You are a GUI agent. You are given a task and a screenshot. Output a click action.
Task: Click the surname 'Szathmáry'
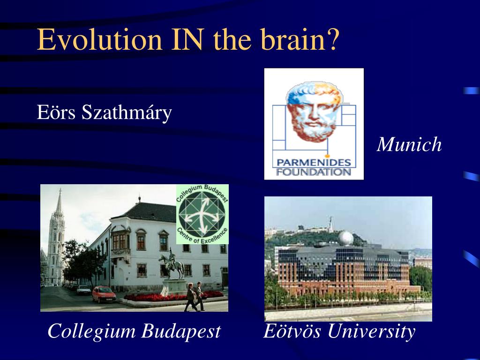[x=127, y=113]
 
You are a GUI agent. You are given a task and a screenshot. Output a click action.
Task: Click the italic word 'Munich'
[x=409, y=144]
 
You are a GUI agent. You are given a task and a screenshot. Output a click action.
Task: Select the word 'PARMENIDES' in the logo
[x=314, y=162]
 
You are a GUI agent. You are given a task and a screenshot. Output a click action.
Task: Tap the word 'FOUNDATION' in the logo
[x=314, y=172]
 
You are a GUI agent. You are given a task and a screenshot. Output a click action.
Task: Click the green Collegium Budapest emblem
[x=202, y=214]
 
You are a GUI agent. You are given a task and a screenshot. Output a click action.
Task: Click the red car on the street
[x=104, y=294]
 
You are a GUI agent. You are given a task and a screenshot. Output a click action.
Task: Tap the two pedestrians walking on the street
[x=195, y=297]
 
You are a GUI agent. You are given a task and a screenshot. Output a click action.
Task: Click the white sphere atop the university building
[x=346, y=238]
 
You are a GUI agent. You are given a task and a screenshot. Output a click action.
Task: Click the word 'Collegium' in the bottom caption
[x=91, y=331]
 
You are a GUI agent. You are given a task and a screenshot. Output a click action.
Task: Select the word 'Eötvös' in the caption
[x=292, y=331]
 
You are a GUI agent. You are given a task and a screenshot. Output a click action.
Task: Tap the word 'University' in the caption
[x=371, y=332]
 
